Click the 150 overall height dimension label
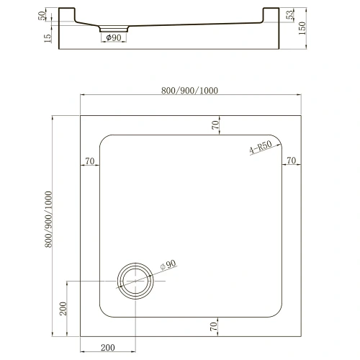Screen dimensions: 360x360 (302, 28)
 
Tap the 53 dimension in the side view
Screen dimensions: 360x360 (290, 14)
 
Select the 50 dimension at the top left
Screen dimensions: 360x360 (42, 16)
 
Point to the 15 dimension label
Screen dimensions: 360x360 (48, 38)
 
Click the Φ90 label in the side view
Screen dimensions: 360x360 (114, 37)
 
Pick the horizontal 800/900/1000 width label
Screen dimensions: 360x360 (189, 91)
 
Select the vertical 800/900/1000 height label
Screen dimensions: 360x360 (48, 219)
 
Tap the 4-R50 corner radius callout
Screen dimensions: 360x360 (261, 147)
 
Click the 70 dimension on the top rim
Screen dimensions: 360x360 (215, 125)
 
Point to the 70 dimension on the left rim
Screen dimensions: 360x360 (90, 161)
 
